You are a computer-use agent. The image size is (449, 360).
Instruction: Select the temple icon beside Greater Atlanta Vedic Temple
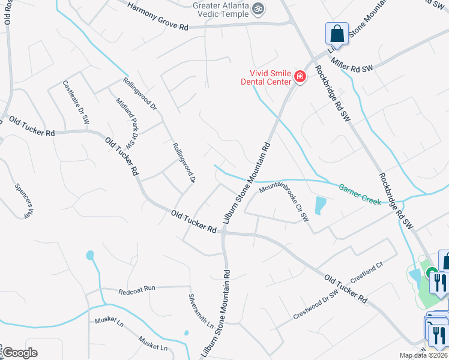coord(259,8)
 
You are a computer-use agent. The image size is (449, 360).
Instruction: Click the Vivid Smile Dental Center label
coord(267,76)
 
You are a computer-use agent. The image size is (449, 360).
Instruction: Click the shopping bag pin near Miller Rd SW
coord(337,35)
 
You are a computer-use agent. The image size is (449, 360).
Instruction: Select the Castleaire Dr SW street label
coord(76,103)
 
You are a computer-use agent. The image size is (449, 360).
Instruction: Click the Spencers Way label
coord(22,199)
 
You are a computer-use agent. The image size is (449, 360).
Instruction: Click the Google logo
coord(20,352)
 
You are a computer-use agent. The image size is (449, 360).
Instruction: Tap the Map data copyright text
coord(423,355)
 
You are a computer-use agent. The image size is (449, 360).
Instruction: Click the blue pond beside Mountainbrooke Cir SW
coord(320,205)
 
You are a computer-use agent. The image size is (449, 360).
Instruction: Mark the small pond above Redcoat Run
coord(90,256)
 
